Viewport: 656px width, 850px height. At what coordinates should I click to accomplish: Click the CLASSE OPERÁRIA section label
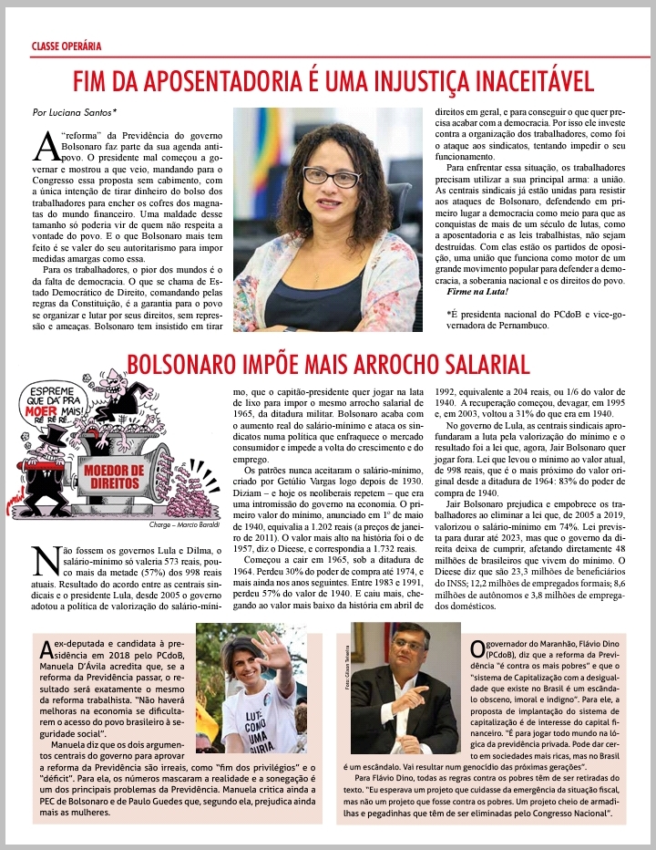coord(66,45)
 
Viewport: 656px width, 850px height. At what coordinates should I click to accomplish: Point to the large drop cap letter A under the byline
coord(46,145)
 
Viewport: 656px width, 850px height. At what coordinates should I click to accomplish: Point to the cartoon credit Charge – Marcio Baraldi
coord(181,527)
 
